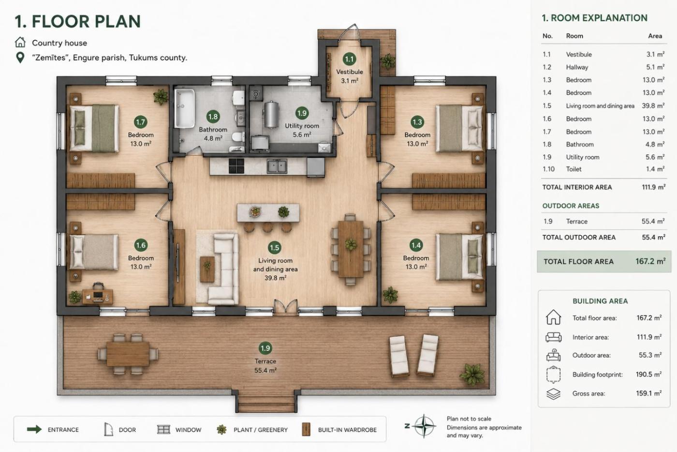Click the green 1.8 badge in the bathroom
pos(213,117)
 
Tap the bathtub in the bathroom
pos(185,108)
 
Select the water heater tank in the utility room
pos(271,115)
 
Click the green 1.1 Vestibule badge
pos(349,60)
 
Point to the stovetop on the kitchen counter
pos(236,166)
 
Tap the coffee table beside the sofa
pos(207,269)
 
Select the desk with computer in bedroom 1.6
pos(98,296)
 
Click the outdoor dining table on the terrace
pos(128,354)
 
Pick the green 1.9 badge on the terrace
pos(265,348)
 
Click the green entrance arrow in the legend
pos(34,429)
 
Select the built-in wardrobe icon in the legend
pos(306,429)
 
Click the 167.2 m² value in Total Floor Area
pos(650,261)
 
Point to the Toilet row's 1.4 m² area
pos(655,169)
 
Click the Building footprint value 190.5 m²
pos(648,375)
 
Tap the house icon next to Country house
pos(20,43)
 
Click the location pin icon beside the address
pos(20,58)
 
